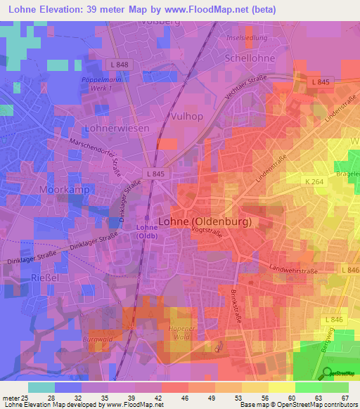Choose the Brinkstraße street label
(241, 302)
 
